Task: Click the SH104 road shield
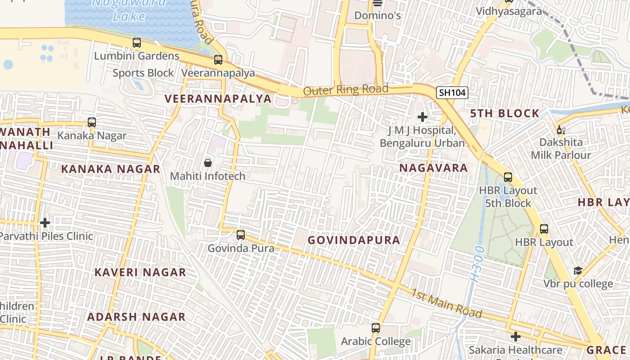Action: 453,93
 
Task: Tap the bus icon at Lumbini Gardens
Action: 137,43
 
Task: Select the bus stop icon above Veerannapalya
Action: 218,59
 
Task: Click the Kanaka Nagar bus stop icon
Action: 92,122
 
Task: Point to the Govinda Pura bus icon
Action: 241,234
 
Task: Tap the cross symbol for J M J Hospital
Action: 422,117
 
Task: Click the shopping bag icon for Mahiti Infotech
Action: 208,162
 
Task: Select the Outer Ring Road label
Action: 346,90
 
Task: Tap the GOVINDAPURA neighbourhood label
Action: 354,240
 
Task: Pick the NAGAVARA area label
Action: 434,168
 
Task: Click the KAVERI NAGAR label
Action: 140,272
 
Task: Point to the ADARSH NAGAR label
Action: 136,317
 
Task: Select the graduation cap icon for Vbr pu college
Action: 578,270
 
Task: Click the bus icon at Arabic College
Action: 376,328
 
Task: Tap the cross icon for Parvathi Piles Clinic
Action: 45,222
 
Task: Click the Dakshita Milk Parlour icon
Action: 561,130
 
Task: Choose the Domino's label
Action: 378,16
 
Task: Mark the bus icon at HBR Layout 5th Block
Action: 508,177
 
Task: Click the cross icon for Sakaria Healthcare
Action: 516,336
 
